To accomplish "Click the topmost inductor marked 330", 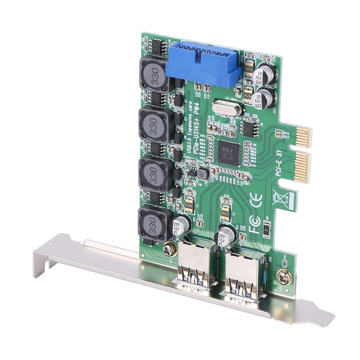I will pyautogui.click(x=153, y=73).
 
